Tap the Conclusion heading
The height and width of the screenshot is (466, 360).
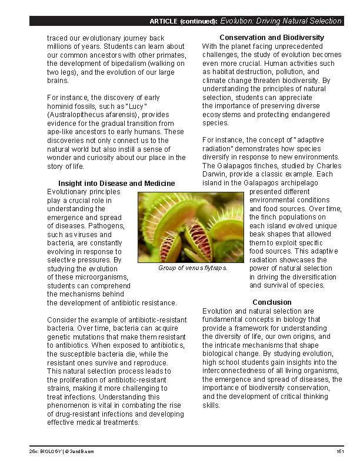click(272, 302)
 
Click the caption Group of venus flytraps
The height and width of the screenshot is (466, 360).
click(192, 268)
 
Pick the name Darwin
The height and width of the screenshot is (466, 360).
click(215, 174)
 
